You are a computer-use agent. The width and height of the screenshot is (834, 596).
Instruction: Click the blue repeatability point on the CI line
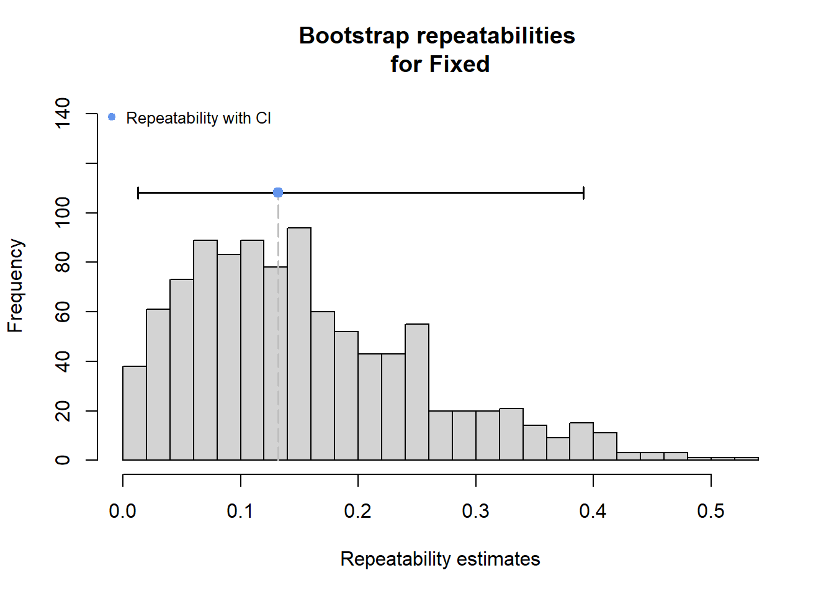pos(278,193)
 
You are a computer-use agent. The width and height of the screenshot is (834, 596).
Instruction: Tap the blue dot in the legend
pos(112,117)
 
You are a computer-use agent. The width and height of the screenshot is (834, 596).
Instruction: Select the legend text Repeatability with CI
pos(198,118)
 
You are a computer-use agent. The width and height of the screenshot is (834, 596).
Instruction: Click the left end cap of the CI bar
pos(138,193)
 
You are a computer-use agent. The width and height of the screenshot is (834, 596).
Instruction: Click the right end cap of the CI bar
pos(583,193)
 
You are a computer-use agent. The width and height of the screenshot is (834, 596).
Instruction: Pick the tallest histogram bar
pos(299,344)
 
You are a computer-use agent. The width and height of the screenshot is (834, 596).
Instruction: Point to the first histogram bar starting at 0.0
pos(135,413)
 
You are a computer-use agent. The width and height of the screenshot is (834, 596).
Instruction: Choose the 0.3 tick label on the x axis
pos(475,511)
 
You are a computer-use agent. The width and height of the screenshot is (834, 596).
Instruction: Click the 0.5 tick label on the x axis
pos(711,511)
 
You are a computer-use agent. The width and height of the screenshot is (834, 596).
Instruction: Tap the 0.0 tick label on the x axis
pos(122,511)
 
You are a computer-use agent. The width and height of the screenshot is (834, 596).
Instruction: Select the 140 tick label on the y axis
pos(63,113)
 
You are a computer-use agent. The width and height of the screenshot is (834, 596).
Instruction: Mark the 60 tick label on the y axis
pos(63,312)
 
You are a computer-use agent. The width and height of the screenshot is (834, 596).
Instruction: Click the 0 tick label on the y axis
pos(63,460)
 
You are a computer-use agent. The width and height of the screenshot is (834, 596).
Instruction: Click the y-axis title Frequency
pos(15,286)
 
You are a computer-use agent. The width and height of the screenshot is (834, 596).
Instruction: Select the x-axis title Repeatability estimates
pos(440,559)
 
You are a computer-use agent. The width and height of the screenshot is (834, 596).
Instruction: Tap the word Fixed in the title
pos(459,65)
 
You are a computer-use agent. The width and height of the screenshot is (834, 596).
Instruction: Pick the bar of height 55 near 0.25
pos(417,392)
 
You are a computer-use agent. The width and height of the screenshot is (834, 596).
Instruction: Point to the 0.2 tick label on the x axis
pos(357,511)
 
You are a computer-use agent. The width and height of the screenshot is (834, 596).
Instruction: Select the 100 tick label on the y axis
pos(63,212)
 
